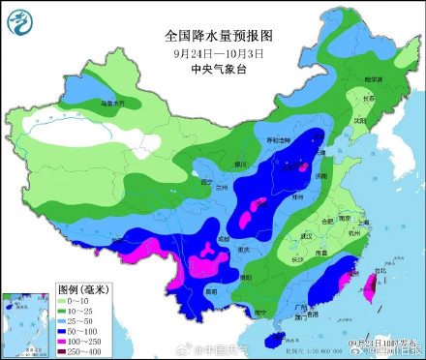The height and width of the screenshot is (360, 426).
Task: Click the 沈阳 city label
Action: click(359, 121)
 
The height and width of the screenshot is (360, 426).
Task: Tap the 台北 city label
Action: click(379, 271)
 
